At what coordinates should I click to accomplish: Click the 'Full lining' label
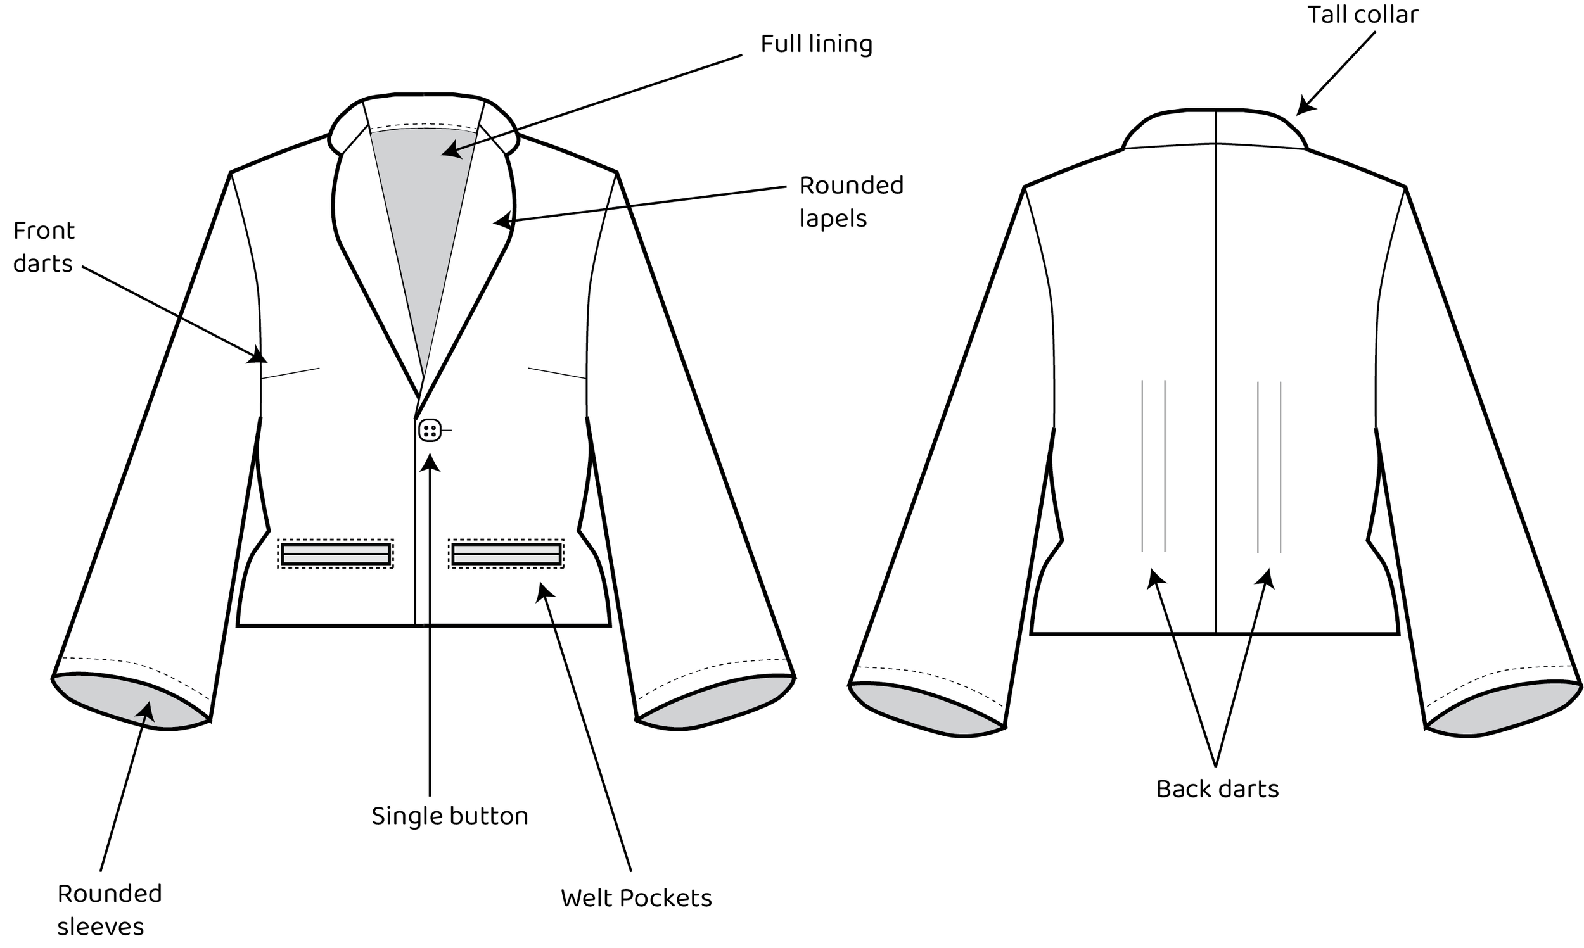click(816, 44)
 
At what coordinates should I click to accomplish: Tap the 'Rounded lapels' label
click(850, 201)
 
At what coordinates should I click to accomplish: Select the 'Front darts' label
click(44, 246)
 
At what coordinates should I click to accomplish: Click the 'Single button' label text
click(450, 816)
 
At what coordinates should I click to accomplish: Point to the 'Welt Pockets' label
click(636, 897)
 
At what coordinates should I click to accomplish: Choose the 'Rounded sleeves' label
click(108, 909)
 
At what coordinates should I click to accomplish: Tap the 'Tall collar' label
click(1362, 15)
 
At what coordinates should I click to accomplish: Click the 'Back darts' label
click(1217, 789)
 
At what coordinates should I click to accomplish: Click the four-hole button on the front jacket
click(430, 431)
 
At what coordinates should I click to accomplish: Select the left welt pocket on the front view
click(335, 554)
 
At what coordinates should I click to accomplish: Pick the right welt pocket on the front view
click(506, 554)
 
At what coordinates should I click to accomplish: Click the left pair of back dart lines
click(1153, 466)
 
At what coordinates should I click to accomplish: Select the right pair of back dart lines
click(1269, 466)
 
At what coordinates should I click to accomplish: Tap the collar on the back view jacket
click(1214, 128)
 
